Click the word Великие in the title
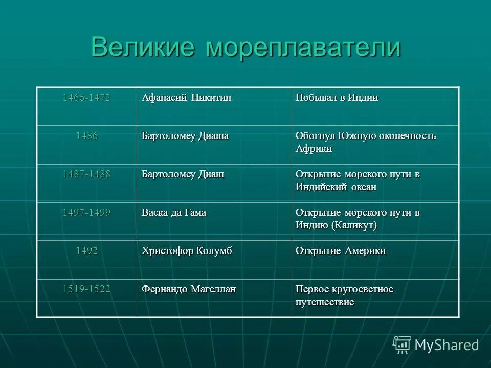[143, 48]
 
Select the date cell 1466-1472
[86, 98]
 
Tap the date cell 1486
[86, 136]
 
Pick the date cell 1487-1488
[86, 174]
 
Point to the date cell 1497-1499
[86, 213]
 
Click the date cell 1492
[86, 251]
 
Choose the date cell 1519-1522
[86, 289]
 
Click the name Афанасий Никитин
[186, 98]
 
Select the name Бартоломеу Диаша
[185, 136]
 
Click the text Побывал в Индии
[337, 98]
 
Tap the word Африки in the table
[314, 149]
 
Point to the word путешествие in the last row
[325, 303]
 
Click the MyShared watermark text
[447, 345]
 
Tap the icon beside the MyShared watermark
[402, 344]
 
